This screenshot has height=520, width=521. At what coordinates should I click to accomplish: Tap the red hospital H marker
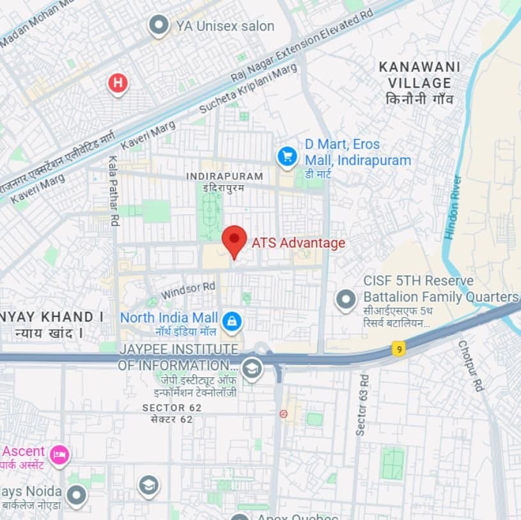tap(118, 83)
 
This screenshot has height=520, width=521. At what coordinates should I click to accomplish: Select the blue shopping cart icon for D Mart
tap(287, 156)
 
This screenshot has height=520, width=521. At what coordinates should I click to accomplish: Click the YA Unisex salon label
tap(224, 26)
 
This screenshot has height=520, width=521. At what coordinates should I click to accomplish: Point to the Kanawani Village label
tap(419, 75)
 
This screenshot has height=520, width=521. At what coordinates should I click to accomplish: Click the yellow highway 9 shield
tap(398, 349)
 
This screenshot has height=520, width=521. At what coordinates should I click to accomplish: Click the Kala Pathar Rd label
tap(114, 191)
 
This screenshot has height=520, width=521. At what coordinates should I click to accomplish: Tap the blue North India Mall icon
tap(231, 321)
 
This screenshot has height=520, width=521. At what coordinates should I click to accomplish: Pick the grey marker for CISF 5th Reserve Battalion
tap(346, 299)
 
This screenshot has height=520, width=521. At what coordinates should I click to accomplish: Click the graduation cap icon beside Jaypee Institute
tap(252, 369)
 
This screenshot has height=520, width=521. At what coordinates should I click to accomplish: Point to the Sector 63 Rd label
tap(362, 405)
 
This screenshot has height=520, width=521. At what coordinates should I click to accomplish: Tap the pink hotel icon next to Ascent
tap(60, 455)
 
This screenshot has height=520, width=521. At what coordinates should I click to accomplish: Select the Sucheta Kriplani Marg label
tap(249, 88)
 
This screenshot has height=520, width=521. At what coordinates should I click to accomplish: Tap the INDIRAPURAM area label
tap(224, 176)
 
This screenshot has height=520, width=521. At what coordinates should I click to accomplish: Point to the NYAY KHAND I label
tap(51, 317)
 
